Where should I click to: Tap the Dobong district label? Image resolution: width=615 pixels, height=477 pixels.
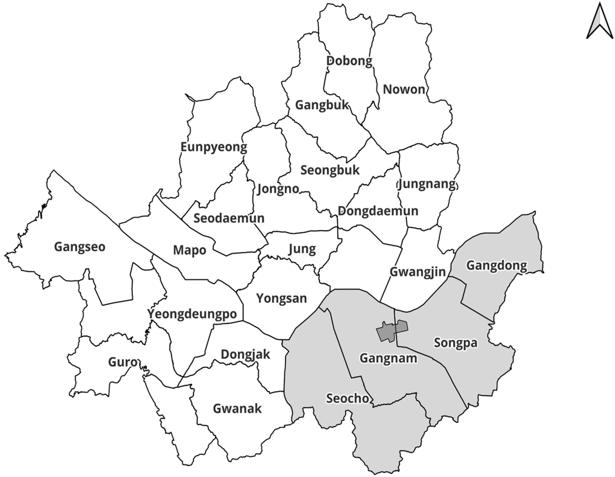349,61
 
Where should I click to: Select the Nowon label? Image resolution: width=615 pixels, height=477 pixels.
404,90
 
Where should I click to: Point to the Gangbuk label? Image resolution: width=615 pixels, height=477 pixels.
322,105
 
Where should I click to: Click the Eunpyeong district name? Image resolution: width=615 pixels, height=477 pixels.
214,147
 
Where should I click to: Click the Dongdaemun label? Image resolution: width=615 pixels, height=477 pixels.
378,211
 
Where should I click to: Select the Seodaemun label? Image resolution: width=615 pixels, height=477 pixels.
229,218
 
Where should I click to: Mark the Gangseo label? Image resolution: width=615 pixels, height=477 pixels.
80,247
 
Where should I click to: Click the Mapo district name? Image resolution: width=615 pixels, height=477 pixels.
190,250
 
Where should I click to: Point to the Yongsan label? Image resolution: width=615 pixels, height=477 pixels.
281,298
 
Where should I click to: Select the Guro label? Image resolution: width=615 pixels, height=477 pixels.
123,362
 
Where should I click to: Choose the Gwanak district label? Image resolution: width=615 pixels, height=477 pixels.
237,409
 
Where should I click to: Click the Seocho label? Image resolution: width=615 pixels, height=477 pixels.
348,398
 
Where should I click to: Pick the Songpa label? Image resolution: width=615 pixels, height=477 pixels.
456,343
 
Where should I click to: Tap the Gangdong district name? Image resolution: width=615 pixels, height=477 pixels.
497,265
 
